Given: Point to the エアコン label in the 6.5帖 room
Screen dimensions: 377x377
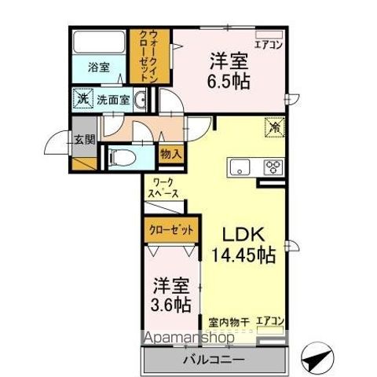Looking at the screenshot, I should [x=269, y=45].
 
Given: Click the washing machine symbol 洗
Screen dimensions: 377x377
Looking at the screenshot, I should [x=82, y=100].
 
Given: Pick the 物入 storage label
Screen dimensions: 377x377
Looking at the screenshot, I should [x=170, y=154].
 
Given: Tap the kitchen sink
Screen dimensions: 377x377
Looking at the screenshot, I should [x=238, y=167].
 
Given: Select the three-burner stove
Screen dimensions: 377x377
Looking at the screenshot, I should [x=273, y=167].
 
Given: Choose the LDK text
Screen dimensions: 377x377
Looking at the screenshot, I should [x=241, y=233].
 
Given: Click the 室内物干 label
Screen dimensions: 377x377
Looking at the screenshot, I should [x=227, y=320].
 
